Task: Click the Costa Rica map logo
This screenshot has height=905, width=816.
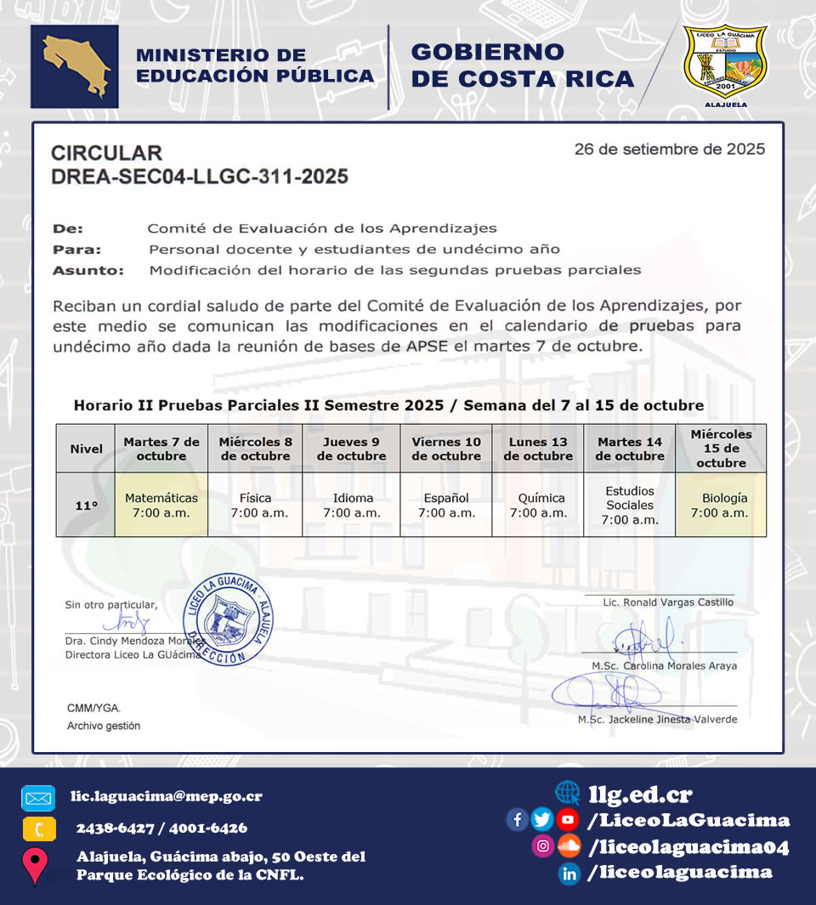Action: pyautogui.click(x=74, y=66)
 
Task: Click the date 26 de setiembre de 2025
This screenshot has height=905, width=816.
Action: pyautogui.click(x=669, y=150)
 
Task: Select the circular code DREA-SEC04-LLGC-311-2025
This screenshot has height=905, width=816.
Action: pyautogui.click(x=200, y=177)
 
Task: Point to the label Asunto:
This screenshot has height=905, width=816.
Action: pyautogui.click(x=88, y=271)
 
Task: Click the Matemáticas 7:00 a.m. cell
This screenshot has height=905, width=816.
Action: pyautogui.click(x=161, y=505)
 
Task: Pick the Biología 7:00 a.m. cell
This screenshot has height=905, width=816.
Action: pyautogui.click(x=720, y=505)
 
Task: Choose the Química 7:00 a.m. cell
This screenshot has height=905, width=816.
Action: pyautogui.click(x=538, y=505)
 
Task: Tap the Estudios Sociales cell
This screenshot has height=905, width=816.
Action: pyautogui.click(x=630, y=505)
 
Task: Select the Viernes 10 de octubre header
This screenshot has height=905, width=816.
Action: pyautogui.click(x=445, y=449)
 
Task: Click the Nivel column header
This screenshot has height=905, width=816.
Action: pyautogui.click(x=86, y=449)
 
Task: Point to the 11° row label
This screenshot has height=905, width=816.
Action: pyautogui.click(x=86, y=505)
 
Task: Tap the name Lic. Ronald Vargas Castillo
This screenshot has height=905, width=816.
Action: pyautogui.click(x=667, y=602)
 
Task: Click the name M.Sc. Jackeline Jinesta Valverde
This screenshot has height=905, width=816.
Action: pyautogui.click(x=657, y=719)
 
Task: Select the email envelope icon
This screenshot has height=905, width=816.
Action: pyautogui.click(x=38, y=798)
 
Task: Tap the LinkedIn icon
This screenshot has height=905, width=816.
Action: pyautogui.click(x=569, y=873)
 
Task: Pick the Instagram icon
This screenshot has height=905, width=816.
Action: pyautogui.click(x=542, y=846)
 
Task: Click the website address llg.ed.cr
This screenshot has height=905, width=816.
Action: pyautogui.click(x=640, y=795)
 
